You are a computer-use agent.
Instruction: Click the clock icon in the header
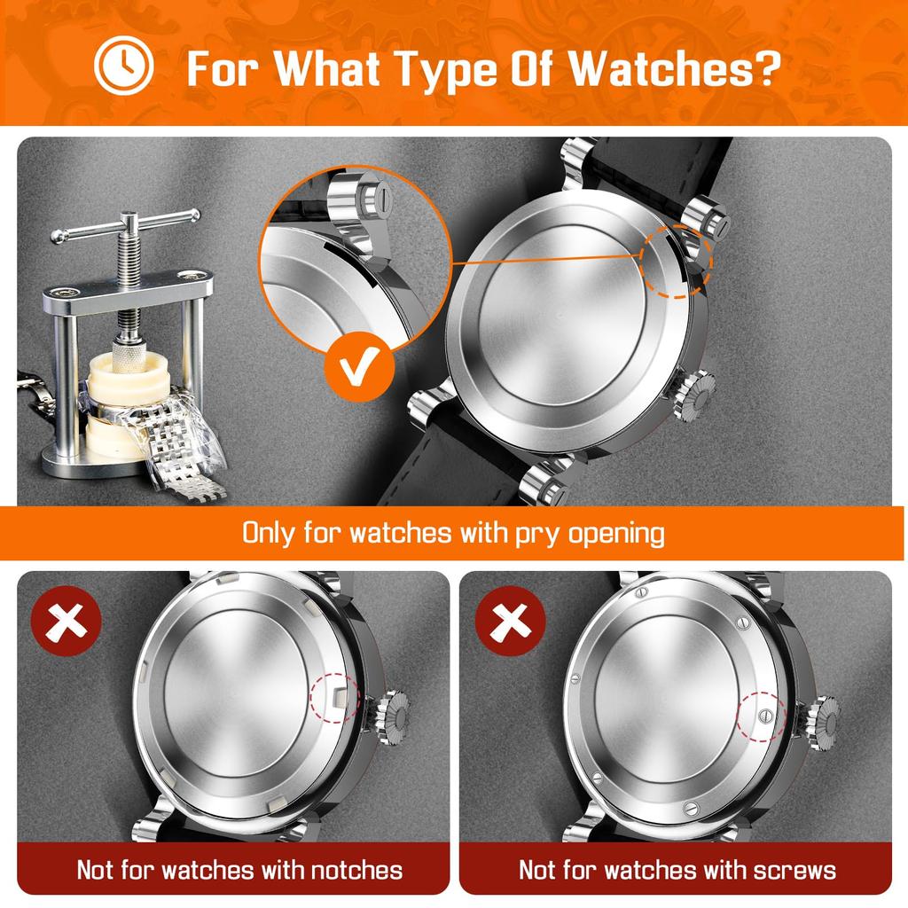(124, 67)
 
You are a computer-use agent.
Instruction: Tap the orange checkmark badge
(359, 364)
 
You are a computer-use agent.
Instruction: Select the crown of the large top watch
(693, 394)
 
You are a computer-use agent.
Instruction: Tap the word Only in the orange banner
(270, 534)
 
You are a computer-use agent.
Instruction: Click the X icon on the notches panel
(66, 625)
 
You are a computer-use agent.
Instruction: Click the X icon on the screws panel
(511, 625)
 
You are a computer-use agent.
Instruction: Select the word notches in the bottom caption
(340, 869)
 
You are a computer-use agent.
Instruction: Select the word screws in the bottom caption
(787, 869)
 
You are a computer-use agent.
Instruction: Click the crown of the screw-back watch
(821, 718)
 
